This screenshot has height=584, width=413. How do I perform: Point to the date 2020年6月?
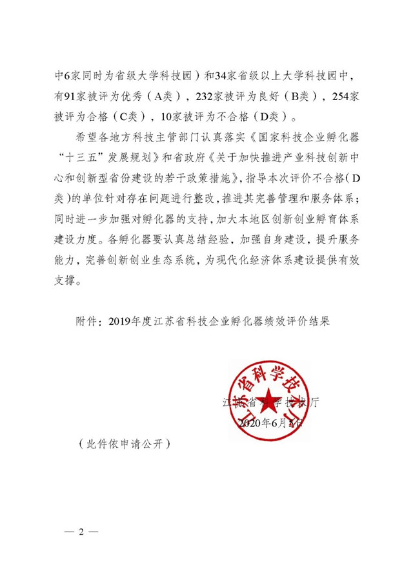pos(263,422)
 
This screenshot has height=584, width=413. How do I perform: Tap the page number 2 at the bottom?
pos(82,532)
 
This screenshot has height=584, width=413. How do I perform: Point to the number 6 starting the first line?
pos(66,75)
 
